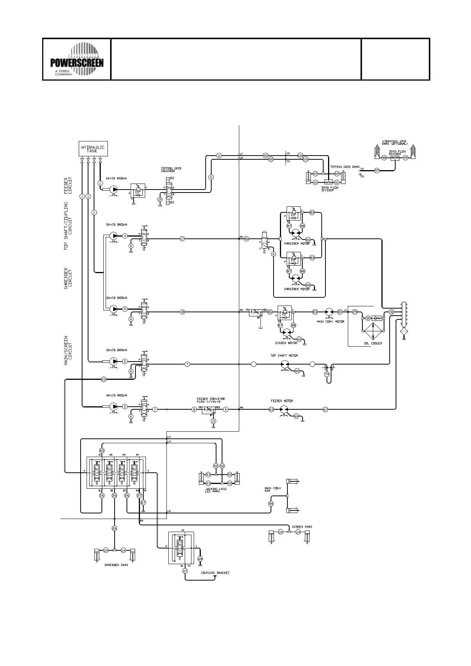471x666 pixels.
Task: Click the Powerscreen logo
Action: point(77,59)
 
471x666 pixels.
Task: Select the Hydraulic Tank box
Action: point(93,149)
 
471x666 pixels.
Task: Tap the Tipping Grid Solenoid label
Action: point(171,169)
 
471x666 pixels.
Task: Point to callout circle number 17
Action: point(182,238)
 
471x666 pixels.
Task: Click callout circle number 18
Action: point(182,312)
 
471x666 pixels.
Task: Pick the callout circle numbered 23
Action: point(104,379)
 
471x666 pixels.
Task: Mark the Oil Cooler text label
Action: point(373,343)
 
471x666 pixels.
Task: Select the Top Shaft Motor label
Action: point(284,356)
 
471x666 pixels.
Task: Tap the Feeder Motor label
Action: point(282,401)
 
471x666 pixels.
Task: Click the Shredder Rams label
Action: point(116,565)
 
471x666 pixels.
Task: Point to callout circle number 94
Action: point(271,503)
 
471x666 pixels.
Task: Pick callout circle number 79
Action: point(327,374)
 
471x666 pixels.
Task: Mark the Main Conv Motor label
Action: point(330,321)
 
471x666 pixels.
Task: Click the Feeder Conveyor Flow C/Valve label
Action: point(211,400)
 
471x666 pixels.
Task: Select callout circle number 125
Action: point(200,559)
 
